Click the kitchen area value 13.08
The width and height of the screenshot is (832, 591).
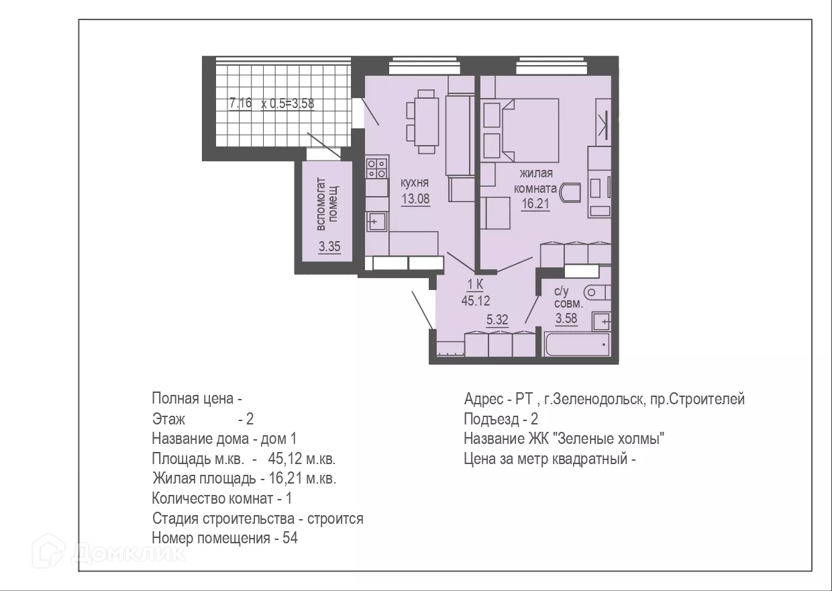(x=415, y=199)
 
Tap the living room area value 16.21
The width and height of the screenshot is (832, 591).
(x=535, y=203)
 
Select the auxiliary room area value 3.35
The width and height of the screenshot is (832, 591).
(x=329, y=246)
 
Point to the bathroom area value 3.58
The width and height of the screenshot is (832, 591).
(x=566, y=318)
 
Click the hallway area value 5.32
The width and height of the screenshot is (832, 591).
(x=497, y=320)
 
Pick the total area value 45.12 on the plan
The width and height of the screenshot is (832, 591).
(x=476, y=301)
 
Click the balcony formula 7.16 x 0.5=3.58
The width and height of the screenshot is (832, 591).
(x=272, y=103)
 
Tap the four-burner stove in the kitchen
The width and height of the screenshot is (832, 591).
(x=376, y=169)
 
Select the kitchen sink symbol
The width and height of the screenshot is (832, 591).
(x=376, y=222)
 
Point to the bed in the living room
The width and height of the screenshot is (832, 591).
(x=530, y=130)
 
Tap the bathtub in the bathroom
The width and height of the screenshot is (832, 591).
(x=577, y=345)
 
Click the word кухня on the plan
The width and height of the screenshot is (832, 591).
(x=415, y=183)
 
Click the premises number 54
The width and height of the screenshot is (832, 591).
(x=290, y=538)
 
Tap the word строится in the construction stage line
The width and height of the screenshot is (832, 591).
(x=335, y=518)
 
